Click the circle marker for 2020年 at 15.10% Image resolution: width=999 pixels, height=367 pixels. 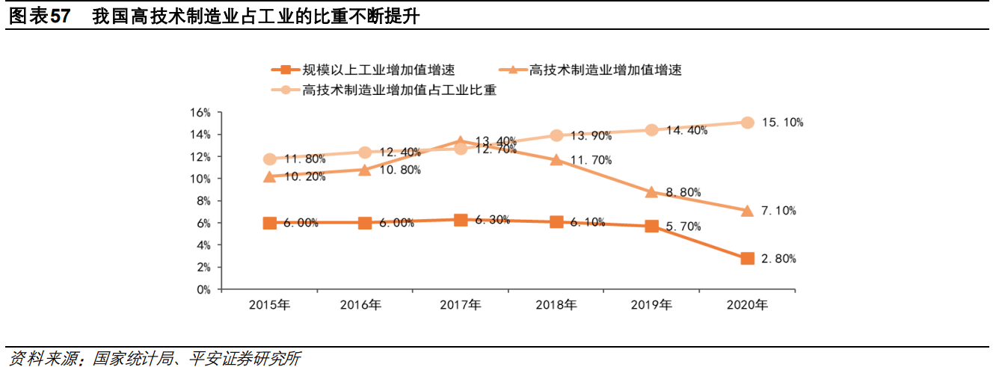point(747,123)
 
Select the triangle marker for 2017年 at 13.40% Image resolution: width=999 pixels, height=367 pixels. point(461,141)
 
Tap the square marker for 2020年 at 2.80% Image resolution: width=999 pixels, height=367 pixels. point(747,259)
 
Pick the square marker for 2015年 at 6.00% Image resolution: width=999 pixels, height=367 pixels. point(270,223)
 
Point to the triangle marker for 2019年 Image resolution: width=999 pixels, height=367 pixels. point(651,192)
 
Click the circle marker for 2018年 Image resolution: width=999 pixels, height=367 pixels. point(556,135)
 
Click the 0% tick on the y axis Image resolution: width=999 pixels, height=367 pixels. point(203,289)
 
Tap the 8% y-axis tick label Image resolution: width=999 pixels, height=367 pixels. point(203,201)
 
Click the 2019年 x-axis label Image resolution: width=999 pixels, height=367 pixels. point(651,305)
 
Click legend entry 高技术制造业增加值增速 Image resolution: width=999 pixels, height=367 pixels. point(605,70)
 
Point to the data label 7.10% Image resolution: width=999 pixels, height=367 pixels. point(778,211)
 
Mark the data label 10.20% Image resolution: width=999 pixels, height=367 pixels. point(304,176)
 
